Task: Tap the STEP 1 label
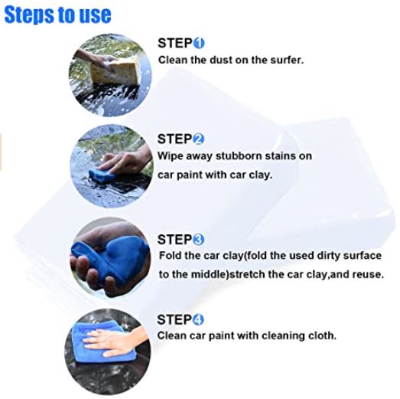180,43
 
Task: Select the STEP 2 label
180,139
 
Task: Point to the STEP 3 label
180,239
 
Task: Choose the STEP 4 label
180,319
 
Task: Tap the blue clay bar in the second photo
99,175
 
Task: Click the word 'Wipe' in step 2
171,155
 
